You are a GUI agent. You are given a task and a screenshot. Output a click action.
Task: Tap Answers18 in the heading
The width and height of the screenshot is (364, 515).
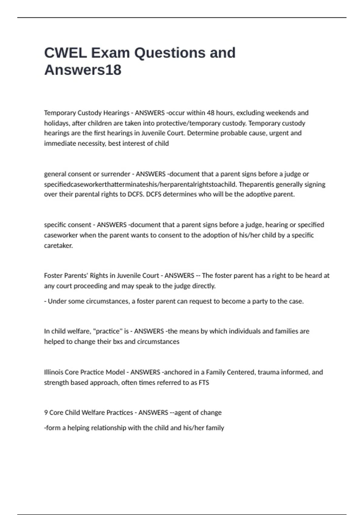83,70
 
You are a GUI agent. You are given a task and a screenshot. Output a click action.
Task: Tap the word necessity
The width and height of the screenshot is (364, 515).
90,143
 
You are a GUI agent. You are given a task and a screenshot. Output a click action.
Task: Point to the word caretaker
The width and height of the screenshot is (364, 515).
58,245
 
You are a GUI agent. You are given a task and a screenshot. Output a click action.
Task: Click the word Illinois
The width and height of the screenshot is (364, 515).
54,372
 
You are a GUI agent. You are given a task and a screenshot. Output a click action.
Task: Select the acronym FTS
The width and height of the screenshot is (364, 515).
204,382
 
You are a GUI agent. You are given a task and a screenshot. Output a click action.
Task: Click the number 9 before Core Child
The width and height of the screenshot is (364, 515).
46,412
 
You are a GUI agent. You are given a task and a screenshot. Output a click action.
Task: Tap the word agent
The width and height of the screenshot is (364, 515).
183,413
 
